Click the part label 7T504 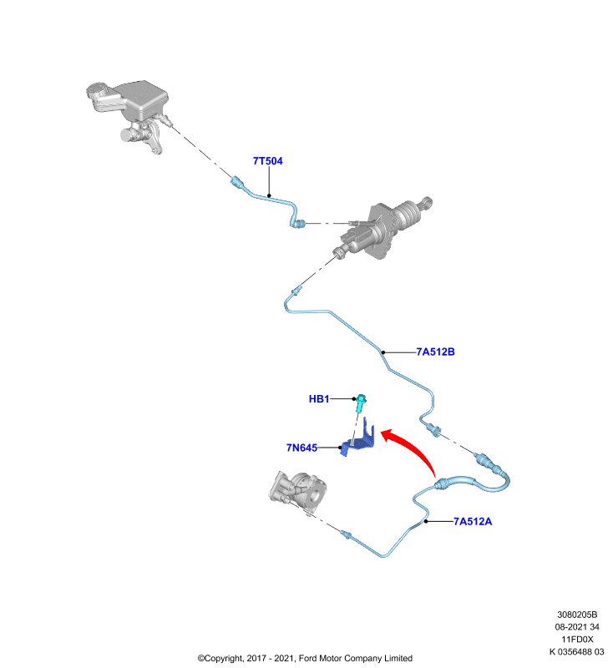(267, 161)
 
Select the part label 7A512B (435, 352)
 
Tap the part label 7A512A (473, 521)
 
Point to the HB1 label (319, 399)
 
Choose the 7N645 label (301, 448)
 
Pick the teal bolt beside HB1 (361, 403)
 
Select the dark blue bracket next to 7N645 (358, 439)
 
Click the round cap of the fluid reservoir (96, 90)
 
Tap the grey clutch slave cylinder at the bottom (298, 491)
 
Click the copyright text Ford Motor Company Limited (356, 658)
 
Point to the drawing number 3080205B (577, 615)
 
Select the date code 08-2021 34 (577, 627)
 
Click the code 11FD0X (577, 640)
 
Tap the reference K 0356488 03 (576, 652)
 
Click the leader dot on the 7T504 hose (269, 196)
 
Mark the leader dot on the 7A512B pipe (383, 352)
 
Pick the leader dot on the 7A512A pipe (426, 521)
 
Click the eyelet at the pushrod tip (428, 202)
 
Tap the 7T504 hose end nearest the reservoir (236, 181)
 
